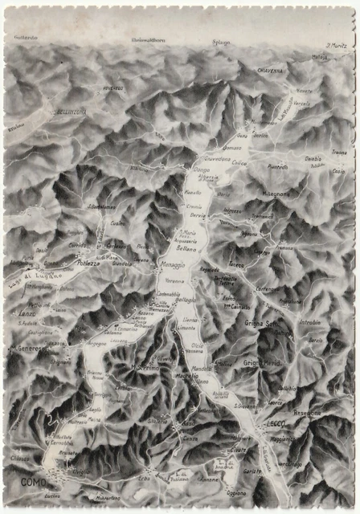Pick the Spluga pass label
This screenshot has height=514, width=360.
(x=221, y=42)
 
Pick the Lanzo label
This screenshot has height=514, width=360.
(x=27, y=313)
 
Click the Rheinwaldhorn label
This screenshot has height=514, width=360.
(x=147, y=39)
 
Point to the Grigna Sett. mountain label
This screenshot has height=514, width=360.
(x=261, y=323)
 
